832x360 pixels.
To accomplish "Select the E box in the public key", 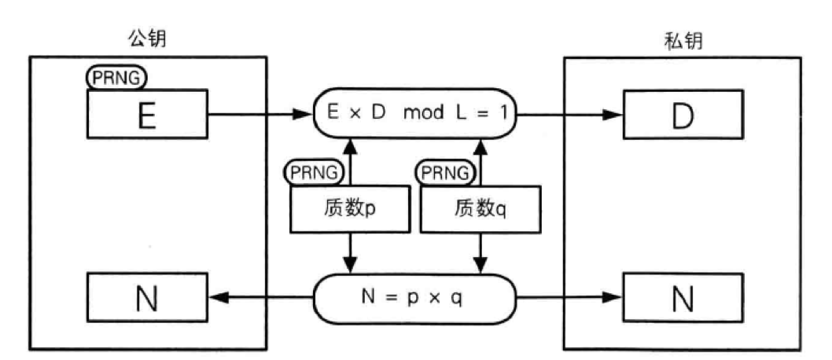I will [x=147, y=113].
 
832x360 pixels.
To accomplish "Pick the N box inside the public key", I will [x=147, y=298].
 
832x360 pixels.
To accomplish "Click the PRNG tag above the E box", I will [x=116, y=79].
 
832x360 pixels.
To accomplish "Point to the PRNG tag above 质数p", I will [x=315, y=171].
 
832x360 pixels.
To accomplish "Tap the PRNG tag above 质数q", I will [x=446, y=171].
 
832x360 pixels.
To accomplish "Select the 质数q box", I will [x=478, y=208].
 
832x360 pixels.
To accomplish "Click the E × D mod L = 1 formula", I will [x=414, y=114].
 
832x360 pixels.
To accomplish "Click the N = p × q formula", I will [x=414, y=298].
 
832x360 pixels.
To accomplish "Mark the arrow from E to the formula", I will [x=260, y=115].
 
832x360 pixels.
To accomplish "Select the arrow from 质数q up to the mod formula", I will [x=478, y=161].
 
